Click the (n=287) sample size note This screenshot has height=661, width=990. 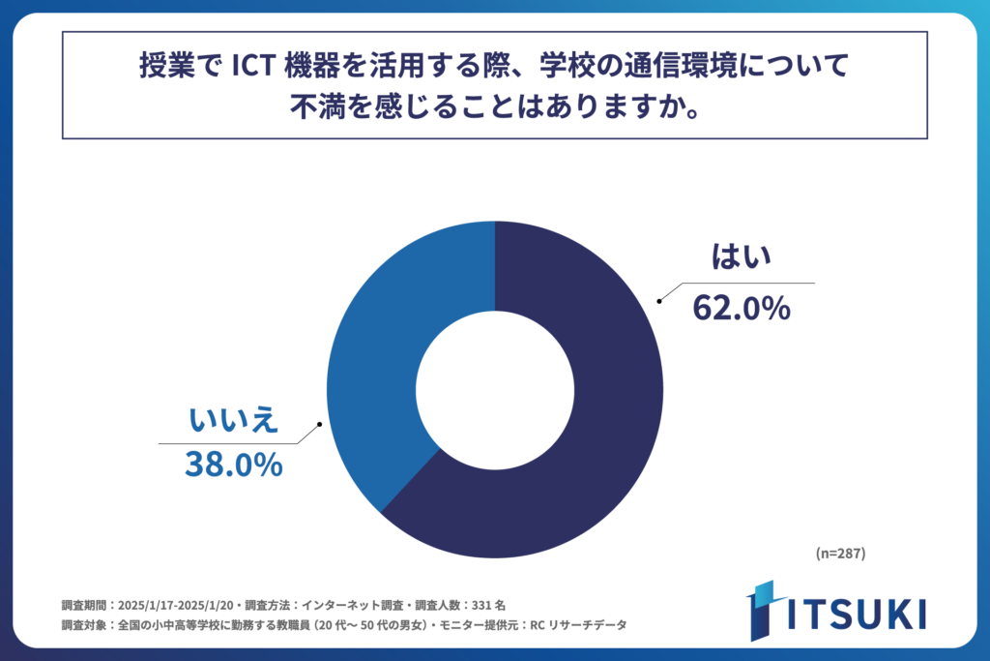[839, 554]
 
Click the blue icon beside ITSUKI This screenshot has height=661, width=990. [763, 611]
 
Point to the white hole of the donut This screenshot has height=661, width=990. [495, 389]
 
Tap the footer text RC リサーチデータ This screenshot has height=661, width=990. [575, 625]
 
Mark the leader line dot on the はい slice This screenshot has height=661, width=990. [659, 301]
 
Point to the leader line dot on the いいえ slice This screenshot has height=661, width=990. [318, 426]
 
